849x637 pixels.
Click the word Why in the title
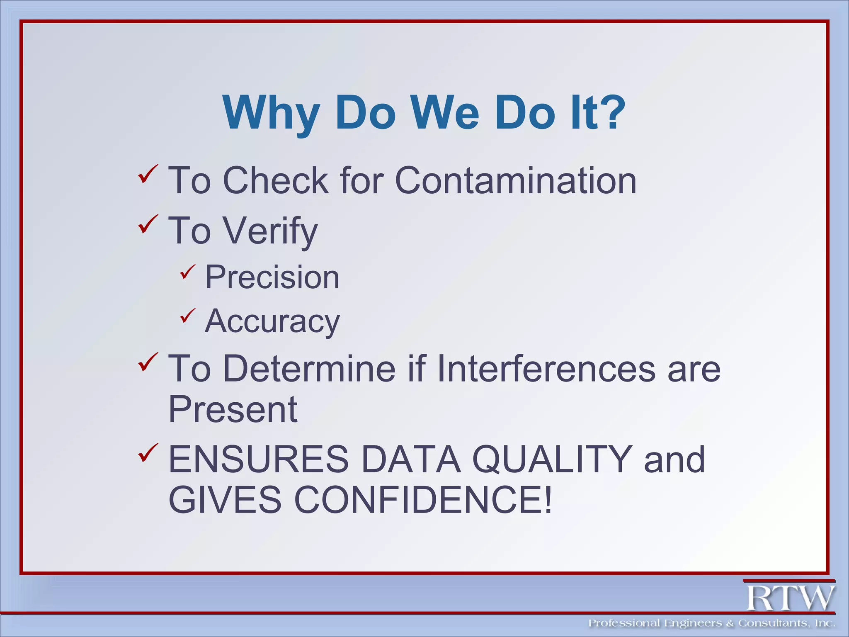click(271, 113)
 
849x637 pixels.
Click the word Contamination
click(515, 180)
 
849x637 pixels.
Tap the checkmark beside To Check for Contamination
click(148, 174)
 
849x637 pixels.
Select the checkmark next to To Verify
click(148, 224)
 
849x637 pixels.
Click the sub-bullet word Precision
click(272, 277)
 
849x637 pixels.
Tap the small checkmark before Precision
click(187, 272)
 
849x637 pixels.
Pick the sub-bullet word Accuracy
click(272, 321)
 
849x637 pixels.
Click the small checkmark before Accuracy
click(187, 316)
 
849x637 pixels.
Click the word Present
click(233, 410)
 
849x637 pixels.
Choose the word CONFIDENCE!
click(423, 500)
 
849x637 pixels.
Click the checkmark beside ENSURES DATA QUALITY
click(148, 453)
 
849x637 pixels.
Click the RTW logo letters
click(790, 598)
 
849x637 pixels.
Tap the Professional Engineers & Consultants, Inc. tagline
click(711, 623)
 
